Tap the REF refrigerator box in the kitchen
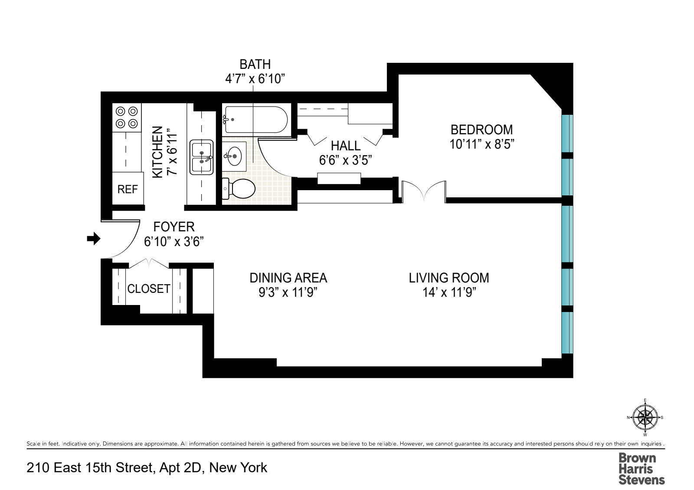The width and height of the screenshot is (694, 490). (x=128, y=189)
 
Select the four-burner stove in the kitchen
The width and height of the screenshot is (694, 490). (x=127, y=117)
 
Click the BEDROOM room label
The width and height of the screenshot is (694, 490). (x=481, y=130)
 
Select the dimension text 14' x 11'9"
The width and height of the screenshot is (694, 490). (x=449, y=292)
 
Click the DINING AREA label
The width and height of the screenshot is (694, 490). (x=288, y=278)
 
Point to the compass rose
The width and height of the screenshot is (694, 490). (x=645, y=417)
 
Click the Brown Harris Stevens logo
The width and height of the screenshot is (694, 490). (x=641, y=468)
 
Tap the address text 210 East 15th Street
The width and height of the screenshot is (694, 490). (x=147, y=468)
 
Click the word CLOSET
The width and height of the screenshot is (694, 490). (x=148, y=289)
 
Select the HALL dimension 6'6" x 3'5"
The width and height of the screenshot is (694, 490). (x=346, y=160)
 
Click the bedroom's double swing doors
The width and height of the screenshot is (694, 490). (x=424, y=191)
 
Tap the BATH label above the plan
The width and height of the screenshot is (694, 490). (x=255, y=64)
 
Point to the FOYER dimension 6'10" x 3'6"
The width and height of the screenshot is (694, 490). (x=174, y=241)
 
